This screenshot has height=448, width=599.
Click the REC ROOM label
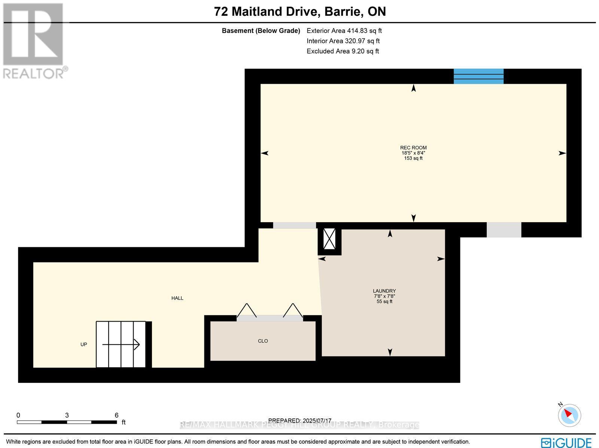(413, 148)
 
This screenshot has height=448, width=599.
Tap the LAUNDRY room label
(384, 291)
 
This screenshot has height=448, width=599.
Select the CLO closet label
(263, 341)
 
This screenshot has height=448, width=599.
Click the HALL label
(177, 298)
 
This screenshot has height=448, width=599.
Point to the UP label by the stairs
(84, 344)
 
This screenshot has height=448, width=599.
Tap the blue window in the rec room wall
(478, 76)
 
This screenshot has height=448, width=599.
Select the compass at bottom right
(569, 415)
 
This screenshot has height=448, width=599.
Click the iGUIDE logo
(566, 442)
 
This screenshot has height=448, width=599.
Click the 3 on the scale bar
(67, 415)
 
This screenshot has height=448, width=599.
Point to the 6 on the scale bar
(116, 415)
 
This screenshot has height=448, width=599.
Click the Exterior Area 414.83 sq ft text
(344, 31)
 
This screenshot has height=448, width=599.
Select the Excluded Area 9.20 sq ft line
(343, 51)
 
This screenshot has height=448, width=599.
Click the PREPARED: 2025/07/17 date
(300, 421)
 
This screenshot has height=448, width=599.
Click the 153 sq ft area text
(413, 158)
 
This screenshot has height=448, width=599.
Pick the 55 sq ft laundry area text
(384, 301)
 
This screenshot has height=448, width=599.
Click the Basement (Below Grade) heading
(261, 31)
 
